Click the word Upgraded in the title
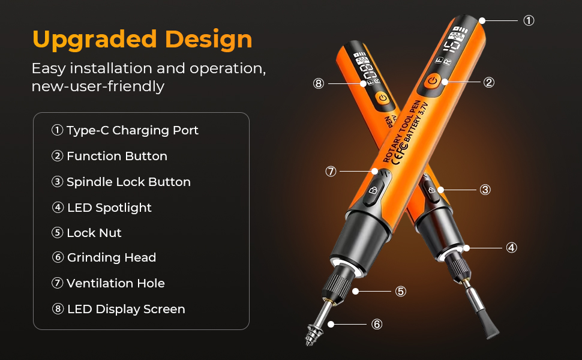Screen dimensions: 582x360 pyautogui.click(x=95, y=40)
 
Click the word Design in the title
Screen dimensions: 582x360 pyautogui.click(x=209, y=40)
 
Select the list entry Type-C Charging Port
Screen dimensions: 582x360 pyautogui.click(x=125, y=131)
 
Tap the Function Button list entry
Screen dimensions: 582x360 pyautogui.click(x=109, y=156)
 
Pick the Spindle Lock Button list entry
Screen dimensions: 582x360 pyautogui.click(x=121, y=182)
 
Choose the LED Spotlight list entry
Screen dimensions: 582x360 pyautogui.click(x=102, y=208)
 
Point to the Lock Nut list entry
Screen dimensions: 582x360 pyautogui.click(x=86, y=233)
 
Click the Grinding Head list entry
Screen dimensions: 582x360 pyautogui.click(x=104, y=257)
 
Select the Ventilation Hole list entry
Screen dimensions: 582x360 pyautogui.click(x=108, y=283)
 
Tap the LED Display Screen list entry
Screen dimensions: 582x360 pyautogui.click(x=118, y=309)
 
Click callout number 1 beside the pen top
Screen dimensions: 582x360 pyautogui.click(x=529, y=20)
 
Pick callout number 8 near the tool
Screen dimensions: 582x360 pyautogui.click(x=319, y=83)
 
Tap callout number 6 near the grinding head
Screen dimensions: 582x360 pyautogui.click(x=377, y=325)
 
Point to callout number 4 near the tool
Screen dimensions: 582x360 pyautogui.click(x=511, y=248)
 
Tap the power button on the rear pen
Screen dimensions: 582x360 pyautogui.click(x=383, y=98)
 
